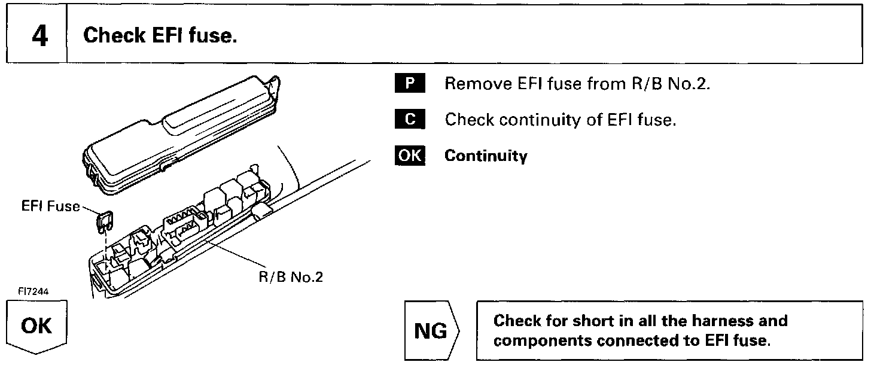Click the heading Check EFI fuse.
coord(160,36)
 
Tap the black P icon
coord(409,83)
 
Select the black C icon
coord(409,120)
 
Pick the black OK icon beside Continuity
coord(409,156)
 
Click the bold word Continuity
coord(486,157)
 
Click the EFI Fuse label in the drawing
coord(50,206)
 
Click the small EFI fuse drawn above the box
coord(105,222)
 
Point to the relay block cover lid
coord(179,132)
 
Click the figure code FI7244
coord(33,291)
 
